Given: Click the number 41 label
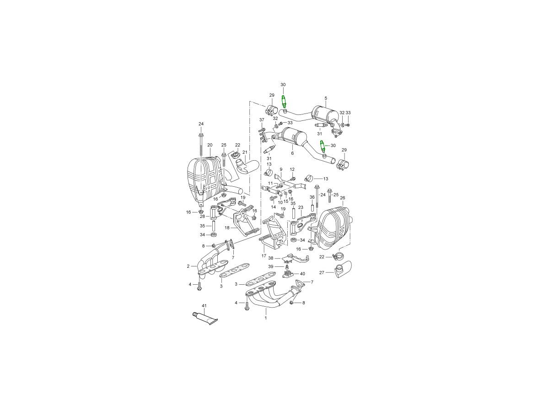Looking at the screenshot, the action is coord(204,306).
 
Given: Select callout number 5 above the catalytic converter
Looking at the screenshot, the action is coord(326,98).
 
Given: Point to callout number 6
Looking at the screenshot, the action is coord(292,153).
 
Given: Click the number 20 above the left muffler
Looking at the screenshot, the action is coord(210,145).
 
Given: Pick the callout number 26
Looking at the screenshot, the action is coord(342,198).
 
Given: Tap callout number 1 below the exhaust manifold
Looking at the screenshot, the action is coord(266,318).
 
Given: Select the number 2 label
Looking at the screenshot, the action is coord(188,266).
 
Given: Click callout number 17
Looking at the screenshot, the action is coord(264,256).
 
